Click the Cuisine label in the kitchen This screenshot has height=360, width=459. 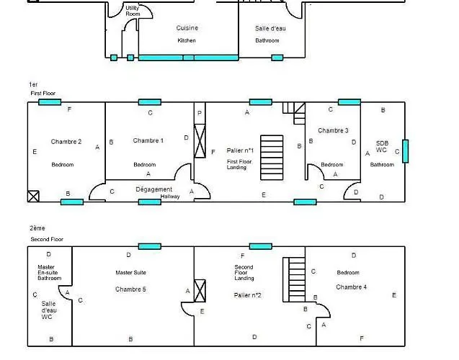click(x=187, y=28)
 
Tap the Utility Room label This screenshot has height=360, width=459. click(x=133, y=11)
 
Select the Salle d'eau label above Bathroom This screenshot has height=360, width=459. click(x=270, y=28)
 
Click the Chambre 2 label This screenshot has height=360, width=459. click(x=66, y=142)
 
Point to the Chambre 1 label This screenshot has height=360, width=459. click(x=148, y=140)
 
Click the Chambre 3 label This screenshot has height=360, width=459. click(x=333, y=130)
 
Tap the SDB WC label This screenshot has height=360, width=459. click(x=382, y=146)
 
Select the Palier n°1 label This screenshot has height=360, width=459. click(x=240, y=150)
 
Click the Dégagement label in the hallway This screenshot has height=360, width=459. click(x=154, y=189)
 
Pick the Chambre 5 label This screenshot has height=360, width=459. click(x=130, y=289)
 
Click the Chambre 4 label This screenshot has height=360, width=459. click(x=352, y=287)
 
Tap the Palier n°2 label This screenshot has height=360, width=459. click(x=247, y=295)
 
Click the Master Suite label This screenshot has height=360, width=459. click(x=130, y=273)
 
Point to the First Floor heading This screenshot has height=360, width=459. click(x=43, y=94)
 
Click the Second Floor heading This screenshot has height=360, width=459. click(x=47, y=239)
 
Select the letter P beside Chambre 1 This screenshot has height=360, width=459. click(x=200, y=113)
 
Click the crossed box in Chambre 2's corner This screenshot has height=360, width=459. click(x=33, y=197)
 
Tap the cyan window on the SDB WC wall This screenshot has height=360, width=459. click(x=406, y=151)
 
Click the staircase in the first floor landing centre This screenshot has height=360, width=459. click(x=272, y=158)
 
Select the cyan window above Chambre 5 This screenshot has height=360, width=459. click(x=150, y=246)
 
